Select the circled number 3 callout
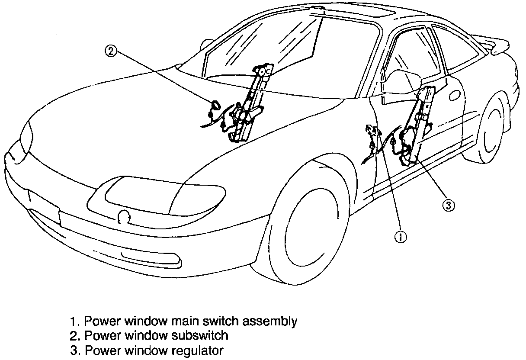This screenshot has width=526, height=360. [x=449, y=206]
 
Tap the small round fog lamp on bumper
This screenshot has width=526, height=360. [x=124, y=215]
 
